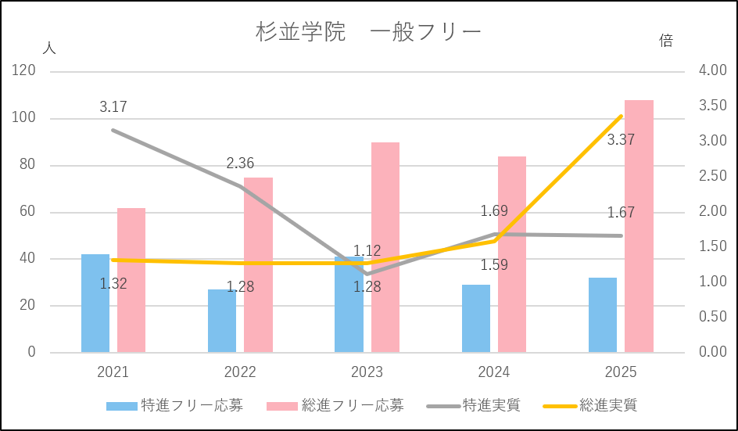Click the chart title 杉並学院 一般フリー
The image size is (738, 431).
pos(368,32)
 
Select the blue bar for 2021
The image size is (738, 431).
pos(95,303)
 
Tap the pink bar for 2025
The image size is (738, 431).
pos(639,226)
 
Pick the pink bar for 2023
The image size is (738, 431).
pos(385,247)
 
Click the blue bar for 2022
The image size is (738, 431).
pos(222,321)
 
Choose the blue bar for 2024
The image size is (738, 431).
pos(476,318)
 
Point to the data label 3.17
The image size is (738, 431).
pos(113,106)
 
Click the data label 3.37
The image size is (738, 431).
pos(621,140)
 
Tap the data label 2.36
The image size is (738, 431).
pos(240,163)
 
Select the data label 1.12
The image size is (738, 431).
pos(367,251)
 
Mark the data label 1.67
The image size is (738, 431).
pos(621,212)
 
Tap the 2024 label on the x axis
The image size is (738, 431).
pos(494,372)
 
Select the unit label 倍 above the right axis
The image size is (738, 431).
pos(666,41)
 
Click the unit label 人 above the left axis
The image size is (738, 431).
pos(49,48)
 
